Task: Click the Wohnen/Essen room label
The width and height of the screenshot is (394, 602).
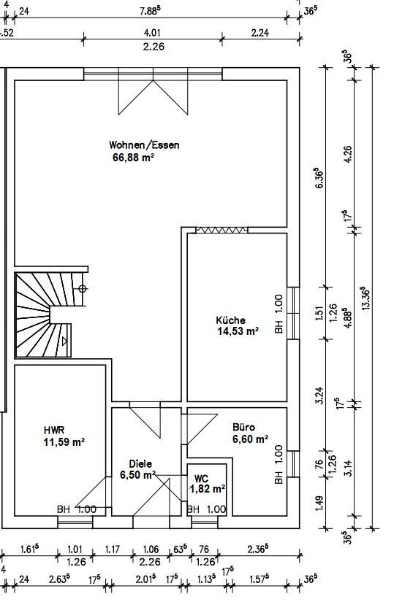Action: pos(144,145)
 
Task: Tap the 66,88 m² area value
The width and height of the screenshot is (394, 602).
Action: pos(134,158)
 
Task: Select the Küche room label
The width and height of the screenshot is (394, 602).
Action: pos(230,320)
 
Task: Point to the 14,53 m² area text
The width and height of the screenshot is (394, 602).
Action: pos(238,331)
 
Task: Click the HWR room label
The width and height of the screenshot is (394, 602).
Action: pos(54,431)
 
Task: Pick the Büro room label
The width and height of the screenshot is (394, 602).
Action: pos(243,428)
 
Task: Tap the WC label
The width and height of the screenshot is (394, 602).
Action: pos(201,479)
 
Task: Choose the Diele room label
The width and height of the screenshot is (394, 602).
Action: pos(140,464)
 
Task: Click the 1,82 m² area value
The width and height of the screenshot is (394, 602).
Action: pos(208,489)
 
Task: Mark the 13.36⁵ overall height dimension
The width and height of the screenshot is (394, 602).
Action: pos(365,298)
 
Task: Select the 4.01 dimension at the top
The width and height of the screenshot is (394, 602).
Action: pos(152,33)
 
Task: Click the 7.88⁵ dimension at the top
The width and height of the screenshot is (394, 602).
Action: pos(150,11)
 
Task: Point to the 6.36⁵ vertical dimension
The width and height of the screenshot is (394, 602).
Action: pos(319,177)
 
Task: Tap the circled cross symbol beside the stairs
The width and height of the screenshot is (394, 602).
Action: pos(83,289)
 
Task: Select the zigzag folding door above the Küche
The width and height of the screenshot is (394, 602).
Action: pos(221,230)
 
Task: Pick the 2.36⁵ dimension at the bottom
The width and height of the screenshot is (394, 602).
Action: pos(258,549)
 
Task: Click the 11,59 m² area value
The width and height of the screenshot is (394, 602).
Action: pos(64,442)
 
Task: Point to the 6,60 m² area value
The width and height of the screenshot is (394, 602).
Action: pos(251,439)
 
